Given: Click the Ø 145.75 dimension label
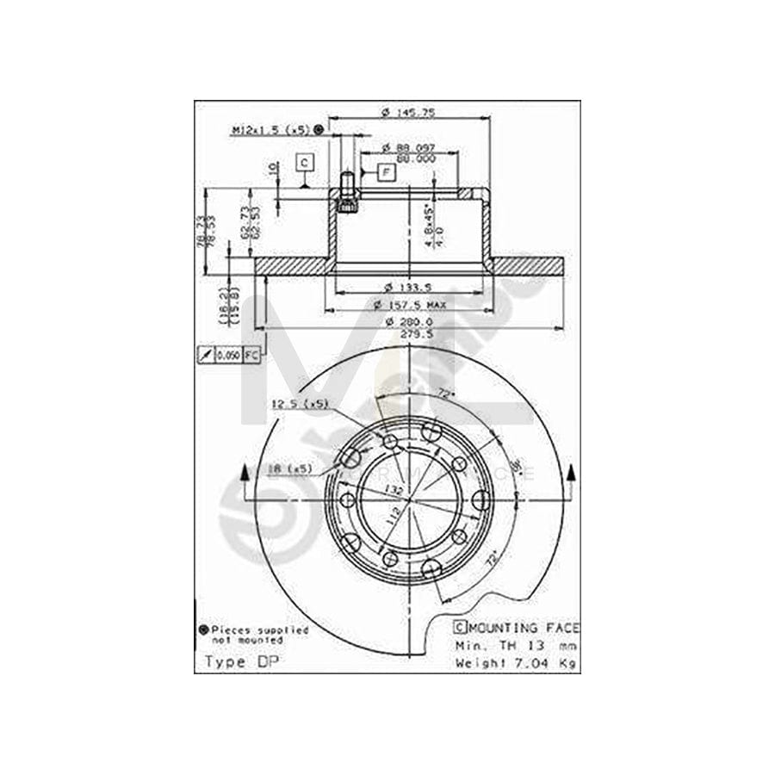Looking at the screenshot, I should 410,111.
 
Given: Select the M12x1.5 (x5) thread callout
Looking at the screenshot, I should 270,130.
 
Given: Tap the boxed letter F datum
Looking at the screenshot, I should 385,173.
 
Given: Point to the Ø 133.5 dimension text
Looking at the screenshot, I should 409,287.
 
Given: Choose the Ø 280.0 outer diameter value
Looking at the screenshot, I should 409,322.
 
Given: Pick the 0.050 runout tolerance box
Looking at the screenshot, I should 227,355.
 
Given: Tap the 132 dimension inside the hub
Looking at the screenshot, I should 394,489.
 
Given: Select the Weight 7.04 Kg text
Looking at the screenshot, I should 517,661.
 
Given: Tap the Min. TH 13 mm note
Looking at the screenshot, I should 517,645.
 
